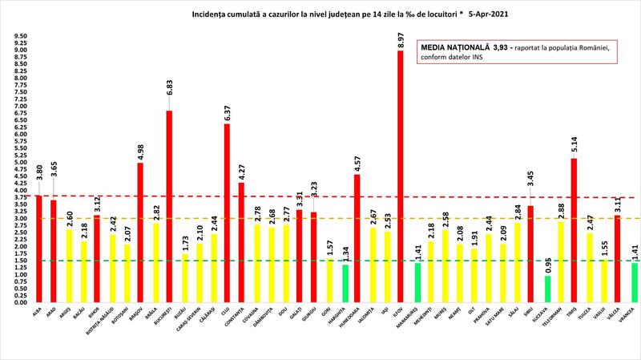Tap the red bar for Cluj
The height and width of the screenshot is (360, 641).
(227, 213)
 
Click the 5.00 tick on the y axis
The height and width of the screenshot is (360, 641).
(22, 163)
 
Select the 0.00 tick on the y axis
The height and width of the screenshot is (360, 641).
(22, 303)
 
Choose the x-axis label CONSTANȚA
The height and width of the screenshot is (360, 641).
(238, 320)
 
